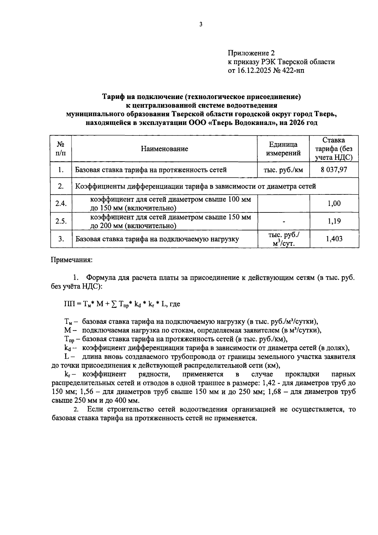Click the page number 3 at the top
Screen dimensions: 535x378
200,25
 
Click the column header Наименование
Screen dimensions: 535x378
164,149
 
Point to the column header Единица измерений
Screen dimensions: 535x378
283,149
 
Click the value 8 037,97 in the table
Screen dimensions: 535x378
334,170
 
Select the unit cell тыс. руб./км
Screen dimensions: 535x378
283,170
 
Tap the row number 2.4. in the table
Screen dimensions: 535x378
61,203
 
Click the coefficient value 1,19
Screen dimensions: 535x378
334,221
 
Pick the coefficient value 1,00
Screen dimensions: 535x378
334,203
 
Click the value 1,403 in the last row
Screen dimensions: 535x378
334,239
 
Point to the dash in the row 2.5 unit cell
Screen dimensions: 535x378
283,222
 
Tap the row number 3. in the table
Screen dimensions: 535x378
61,239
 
